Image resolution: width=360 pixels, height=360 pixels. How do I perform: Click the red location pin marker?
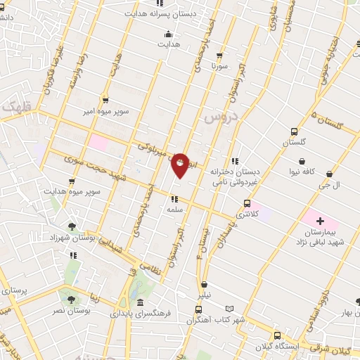tap(180, 165)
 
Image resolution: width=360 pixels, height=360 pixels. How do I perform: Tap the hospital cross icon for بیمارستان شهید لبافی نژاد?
tap(320, 221)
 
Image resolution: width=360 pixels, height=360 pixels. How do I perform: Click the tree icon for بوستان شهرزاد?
tap(72, 226)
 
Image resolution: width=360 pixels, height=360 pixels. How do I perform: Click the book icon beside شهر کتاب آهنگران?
tap(229, 308)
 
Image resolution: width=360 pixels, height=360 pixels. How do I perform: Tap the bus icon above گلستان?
tap(295, 131)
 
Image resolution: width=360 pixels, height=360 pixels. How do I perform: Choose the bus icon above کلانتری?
tap(246, 202)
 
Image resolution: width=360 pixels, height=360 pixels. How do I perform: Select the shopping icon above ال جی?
tap(328, 173)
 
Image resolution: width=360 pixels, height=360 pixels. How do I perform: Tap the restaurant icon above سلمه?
tap(174, 199)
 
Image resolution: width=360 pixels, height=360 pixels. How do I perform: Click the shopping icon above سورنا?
tap(221, 55)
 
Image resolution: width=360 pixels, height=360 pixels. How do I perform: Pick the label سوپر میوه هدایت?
tap(73, 191)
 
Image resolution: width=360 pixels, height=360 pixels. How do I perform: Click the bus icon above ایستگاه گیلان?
tap(278, 335)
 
